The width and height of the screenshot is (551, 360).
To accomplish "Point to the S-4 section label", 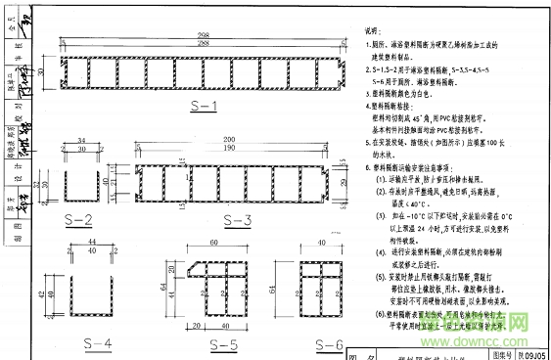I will [98, 342].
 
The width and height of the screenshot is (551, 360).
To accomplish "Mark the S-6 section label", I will [331, 343].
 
